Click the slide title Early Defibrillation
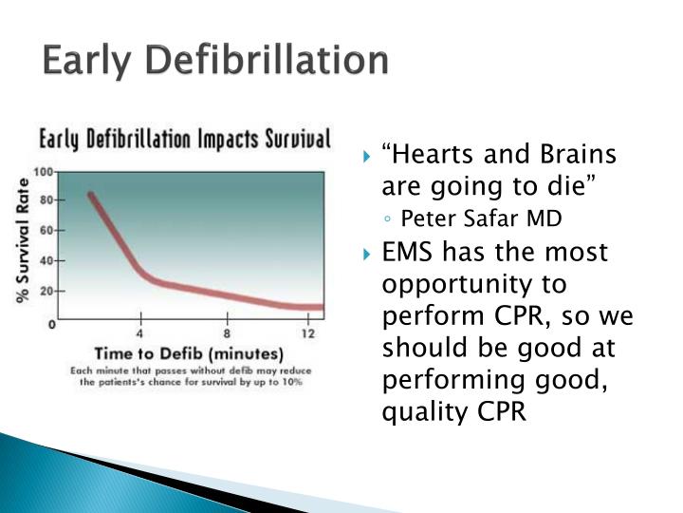coord(215,61)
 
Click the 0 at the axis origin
coord(51,324)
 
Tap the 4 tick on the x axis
coord(141,333)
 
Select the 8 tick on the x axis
coord(226,333)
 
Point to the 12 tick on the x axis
coord(308,333)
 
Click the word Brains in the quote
coord(579,155)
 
